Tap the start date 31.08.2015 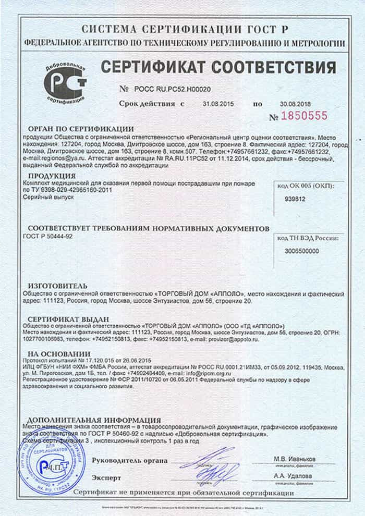(x=218, y=104)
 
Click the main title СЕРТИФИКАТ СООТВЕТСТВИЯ (x=217, y=67)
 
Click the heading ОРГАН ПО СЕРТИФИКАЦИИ (x=81, y=129)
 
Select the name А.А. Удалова (x=294, y=476)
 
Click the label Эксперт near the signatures (x=106, y=477)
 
